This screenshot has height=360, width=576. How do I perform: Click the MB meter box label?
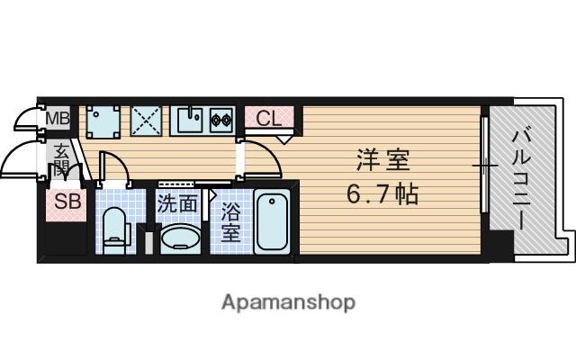coord(58,118)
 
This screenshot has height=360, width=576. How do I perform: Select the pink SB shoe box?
coord(67,205)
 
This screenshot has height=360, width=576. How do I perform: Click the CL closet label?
coord(269,118)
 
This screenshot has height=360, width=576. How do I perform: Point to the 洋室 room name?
coord(383,160)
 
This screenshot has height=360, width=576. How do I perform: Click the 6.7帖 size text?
coord(382,194)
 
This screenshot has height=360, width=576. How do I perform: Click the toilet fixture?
coord(115,231)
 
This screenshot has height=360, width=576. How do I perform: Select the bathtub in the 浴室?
coord(272,221)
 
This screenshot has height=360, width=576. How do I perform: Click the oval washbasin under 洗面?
coord(181,238)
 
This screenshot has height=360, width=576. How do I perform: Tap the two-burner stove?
coord(221,120)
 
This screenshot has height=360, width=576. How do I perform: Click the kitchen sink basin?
coord(190,120)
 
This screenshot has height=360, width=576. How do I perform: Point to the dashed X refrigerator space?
coord(146,121)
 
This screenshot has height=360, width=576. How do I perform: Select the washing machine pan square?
coord(103,122)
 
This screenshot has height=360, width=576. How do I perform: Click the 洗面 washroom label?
coord(177,204)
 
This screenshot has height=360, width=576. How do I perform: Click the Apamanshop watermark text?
coord(288,302)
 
